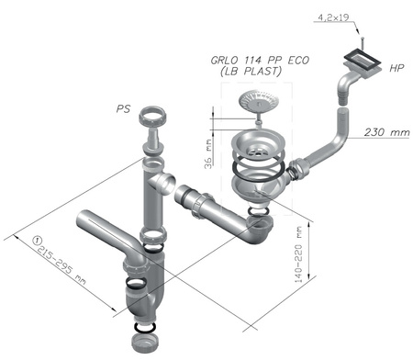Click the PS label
tap(123, 108)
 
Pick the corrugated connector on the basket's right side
tap(297, 170)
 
